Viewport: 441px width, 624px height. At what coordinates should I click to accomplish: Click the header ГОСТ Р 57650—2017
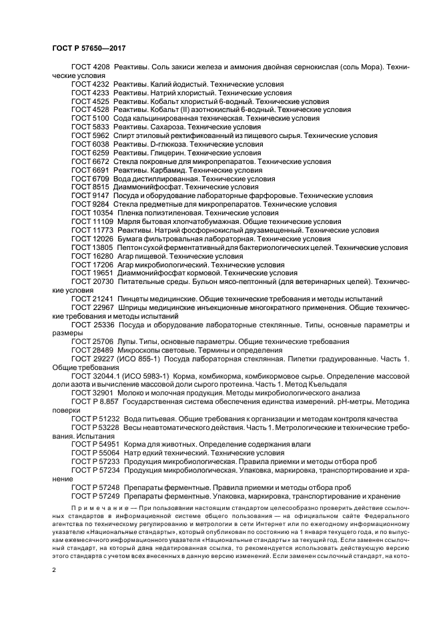pyautogui.click(x=89, y=49)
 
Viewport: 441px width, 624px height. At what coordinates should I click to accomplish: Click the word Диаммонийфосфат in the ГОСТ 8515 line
pyautogui.click(x=148, y=187)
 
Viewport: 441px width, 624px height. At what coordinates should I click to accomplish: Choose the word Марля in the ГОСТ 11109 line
pyautogui.click(x=128, y=221)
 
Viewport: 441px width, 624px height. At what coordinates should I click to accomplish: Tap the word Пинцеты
pyautogui.click(x=133, y=299)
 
